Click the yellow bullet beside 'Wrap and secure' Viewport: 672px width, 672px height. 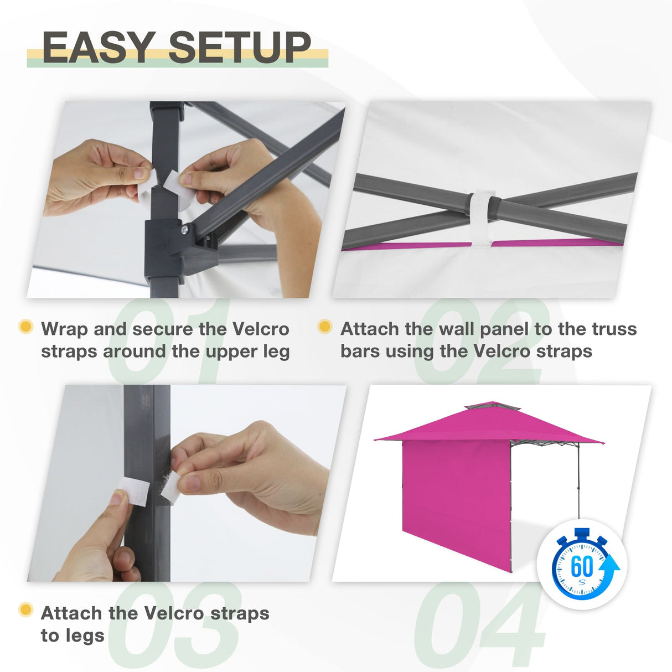click(x=25, y=327)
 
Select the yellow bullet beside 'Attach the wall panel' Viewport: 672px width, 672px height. click(x=325, y=327)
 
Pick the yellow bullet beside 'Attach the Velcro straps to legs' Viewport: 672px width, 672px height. click(x=25, y=610)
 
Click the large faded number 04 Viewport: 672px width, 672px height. click(x=479, y=626)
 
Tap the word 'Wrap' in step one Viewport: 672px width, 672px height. click(x=64, y=329)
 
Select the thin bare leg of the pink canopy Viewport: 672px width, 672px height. click(x=579, y=482)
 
